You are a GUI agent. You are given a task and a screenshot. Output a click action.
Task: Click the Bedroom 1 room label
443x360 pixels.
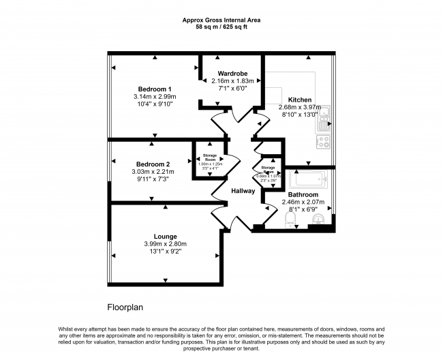tap(155, 89)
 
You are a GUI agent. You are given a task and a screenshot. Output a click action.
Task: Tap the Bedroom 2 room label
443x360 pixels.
tap(153, 164)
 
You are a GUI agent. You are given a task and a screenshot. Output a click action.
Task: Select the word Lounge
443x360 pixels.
tap(165, 237)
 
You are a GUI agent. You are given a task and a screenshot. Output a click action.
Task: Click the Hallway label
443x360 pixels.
tap(242, 191)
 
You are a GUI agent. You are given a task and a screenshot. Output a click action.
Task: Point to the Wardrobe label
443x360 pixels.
tap(232, 73)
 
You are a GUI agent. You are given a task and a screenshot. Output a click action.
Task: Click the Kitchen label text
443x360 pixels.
tap(299, 99)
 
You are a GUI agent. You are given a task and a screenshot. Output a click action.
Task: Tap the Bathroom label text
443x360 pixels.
tap(302, 194)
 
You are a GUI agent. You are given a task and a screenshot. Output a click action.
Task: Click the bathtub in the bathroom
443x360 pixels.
tap(308, 180)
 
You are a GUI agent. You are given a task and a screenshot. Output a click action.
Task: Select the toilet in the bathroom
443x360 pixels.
tap(288, 219)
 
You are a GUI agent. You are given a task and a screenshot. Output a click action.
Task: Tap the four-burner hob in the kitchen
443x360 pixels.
tap(324, 142)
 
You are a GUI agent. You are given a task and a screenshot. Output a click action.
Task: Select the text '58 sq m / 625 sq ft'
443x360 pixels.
tap(221, 28)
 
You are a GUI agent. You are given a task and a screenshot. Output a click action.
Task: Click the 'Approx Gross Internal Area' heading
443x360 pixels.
tap(221, 20)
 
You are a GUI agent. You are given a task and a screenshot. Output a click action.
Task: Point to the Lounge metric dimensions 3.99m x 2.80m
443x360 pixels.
tap(165, 244)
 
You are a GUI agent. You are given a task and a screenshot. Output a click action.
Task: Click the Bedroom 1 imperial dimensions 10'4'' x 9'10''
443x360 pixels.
tap(155, 104)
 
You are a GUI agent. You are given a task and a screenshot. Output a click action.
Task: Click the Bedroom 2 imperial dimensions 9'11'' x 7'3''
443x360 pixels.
tap(153, 179)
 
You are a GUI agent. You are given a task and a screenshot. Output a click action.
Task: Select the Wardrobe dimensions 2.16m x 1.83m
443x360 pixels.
tap(232, 80)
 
